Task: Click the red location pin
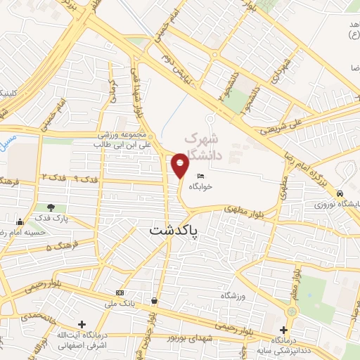coord(180,165)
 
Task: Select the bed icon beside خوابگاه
coord(202,176)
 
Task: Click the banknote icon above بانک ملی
coord(119,292)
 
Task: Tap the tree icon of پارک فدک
coord(51,207)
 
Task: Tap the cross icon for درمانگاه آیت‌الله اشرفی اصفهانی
coord(82,325)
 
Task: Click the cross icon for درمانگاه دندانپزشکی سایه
coord(283,330)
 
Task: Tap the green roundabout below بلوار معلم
coord(290,311)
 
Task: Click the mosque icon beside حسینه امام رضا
coord(4,231)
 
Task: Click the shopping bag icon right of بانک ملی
coord(154,301)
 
